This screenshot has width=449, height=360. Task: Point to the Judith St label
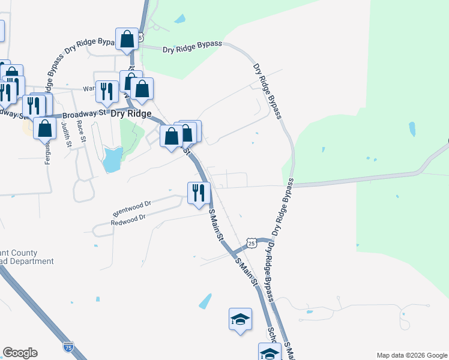point(67,136)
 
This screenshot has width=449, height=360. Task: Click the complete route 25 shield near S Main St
point(252,242)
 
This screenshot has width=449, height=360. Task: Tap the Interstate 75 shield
point(68,347)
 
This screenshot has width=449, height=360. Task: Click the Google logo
point(20,353)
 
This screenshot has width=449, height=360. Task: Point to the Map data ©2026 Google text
point(411,355)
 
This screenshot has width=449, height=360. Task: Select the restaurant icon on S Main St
point(199,193)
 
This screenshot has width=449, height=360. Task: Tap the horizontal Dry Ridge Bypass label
point(192,46)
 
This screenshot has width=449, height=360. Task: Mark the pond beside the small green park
point(111,160)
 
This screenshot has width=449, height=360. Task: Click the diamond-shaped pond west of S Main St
point(205,301)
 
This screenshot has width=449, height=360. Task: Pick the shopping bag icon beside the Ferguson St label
point(45,128)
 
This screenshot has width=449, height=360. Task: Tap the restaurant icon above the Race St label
point(106,91)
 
